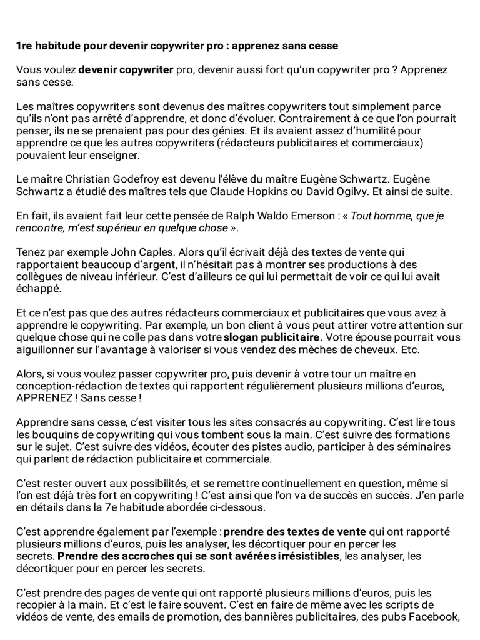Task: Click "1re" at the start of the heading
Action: click(x=24, y=46)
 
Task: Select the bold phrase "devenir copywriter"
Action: click(x=126, y=70)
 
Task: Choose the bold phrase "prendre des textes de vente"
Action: click(x=295, y=532)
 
